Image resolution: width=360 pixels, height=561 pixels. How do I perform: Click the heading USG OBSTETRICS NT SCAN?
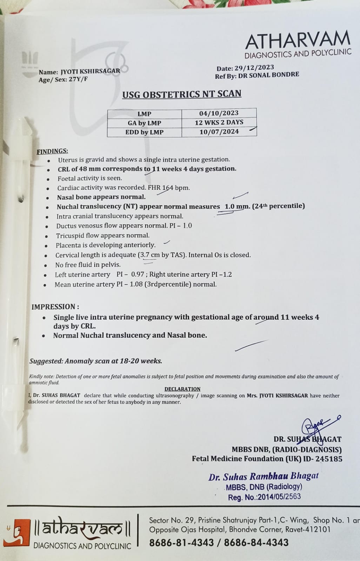point(182,94)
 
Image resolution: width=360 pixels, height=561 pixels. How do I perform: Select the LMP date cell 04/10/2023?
point(219,113)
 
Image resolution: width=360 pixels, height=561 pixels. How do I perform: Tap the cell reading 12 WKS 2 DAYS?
point(219,122)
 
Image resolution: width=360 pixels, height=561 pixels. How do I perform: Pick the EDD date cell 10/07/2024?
point(219,132)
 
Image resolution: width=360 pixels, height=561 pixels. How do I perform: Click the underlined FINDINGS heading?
point(52,151)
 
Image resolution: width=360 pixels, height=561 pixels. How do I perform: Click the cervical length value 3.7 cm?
point(150,255)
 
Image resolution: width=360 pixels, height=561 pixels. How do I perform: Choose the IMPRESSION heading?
point(55,307)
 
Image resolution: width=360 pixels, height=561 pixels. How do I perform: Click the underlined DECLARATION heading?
point(182,389)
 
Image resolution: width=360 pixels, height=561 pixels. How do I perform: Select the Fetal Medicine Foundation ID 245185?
point(328,459)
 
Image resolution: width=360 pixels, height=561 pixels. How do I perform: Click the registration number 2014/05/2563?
point(279,497)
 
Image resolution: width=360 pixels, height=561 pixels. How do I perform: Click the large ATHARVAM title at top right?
point(298,41)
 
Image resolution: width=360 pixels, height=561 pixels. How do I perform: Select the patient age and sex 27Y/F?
point(78,79)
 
